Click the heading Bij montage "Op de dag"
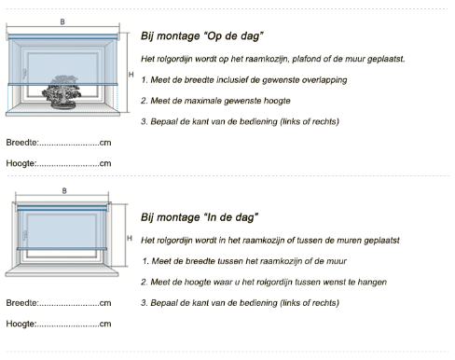tap(202, 36)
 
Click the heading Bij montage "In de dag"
tap(200, 217)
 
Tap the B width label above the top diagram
tap(62, 21)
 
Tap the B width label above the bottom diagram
tap(64, 191)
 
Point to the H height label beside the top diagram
tap(131, 75)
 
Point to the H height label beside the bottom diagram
tap(130, 238)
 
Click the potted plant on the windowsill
tap(62, 92)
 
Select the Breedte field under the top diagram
tap(59, 143)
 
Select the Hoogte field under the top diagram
tap(59, 163)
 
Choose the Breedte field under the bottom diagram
tap(59, 303)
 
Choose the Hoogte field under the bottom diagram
tap(59, 324)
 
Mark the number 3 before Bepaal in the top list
tap(144, 121)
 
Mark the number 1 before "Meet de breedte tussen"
tap(145, 261)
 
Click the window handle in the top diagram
tap(24, 74)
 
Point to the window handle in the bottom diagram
tap(25, 235)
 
